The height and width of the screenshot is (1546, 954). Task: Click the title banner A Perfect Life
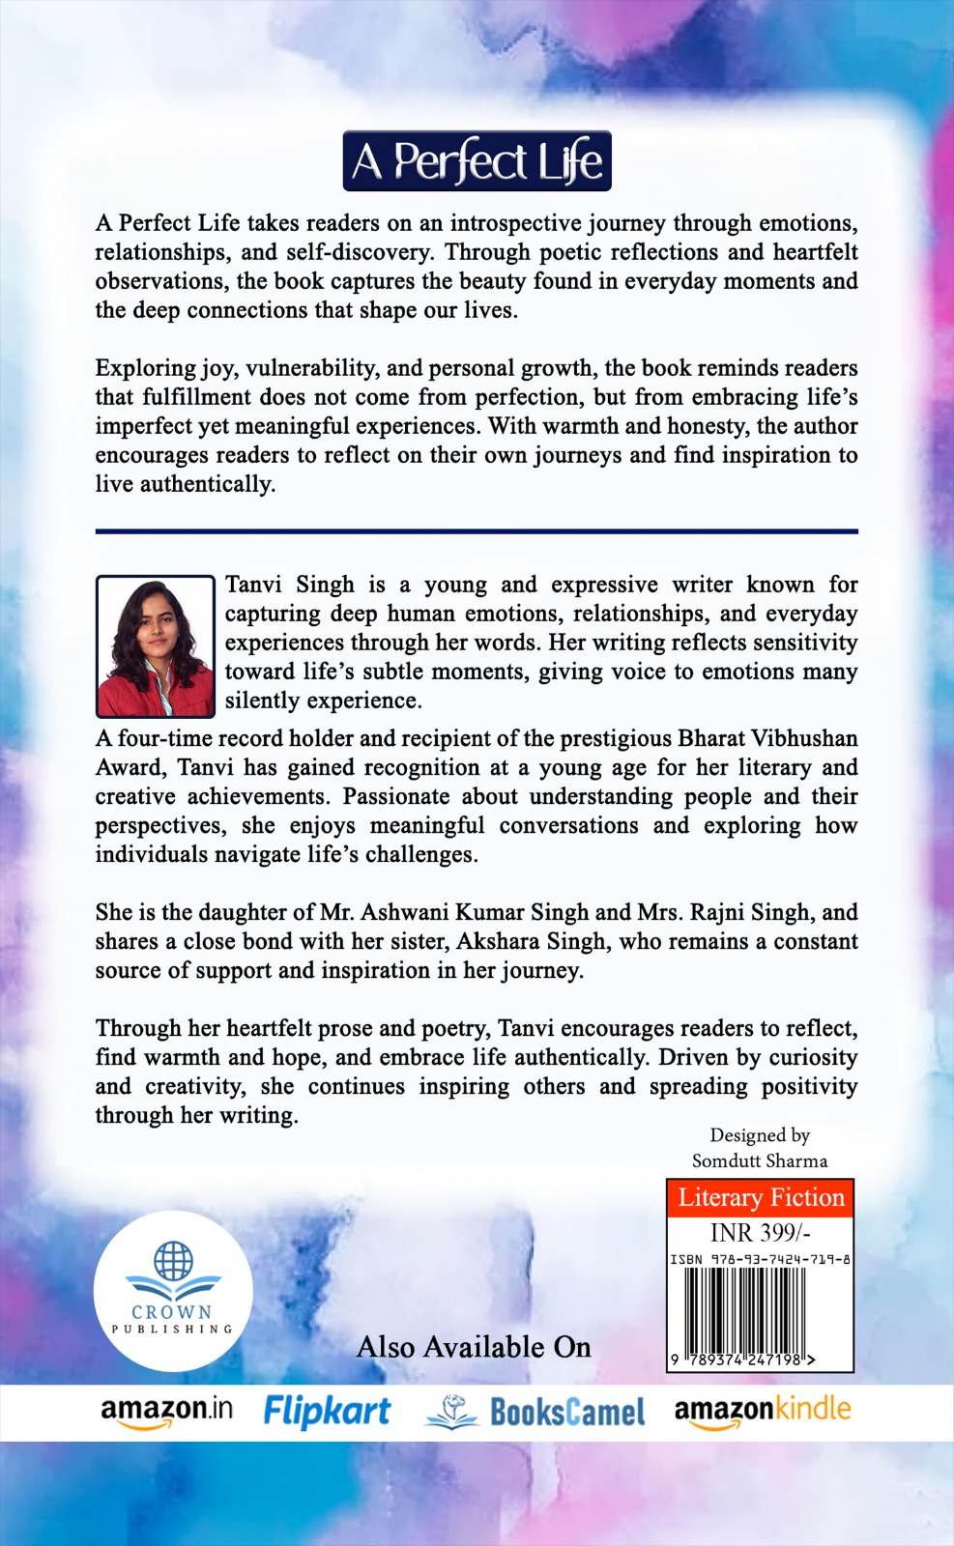coord(477,161)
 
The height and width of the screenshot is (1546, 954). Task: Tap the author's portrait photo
coord(155,645)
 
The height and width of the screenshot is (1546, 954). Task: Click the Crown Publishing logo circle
coord(173,1291)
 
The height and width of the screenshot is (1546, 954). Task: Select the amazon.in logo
coord(166,1411)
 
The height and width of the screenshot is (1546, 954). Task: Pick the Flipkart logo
coord(327,1412)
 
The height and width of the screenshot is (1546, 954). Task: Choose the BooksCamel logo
coord(535,1412)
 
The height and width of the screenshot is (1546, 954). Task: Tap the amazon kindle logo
coord(762,1411)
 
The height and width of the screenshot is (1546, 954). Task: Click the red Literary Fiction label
coord(761,1198)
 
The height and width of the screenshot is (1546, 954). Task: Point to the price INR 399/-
coord(760,1233)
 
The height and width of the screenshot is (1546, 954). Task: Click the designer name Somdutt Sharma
coord(760,1160)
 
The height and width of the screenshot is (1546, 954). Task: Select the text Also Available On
coord(474,1347)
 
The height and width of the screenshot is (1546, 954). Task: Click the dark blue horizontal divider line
coord(477,531)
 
